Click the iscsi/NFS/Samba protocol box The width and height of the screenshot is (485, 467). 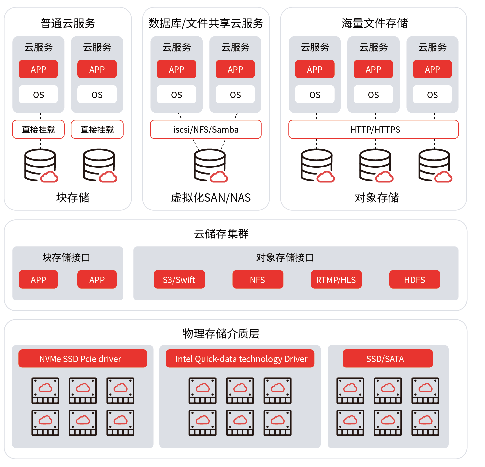coord(206,129)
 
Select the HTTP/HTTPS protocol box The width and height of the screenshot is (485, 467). coord(373,129)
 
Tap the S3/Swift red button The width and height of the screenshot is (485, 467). coord(179,279)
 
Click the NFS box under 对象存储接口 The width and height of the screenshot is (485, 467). coord(257,279)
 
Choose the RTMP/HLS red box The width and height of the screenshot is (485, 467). coord(336,279)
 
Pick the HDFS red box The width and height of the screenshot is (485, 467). coord(415,279)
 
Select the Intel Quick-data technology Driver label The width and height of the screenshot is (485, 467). coord(240,358)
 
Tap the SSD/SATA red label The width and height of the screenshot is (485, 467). coord(387,358)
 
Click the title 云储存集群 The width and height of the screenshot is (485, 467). coord(221,233)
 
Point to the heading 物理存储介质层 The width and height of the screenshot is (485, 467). coord(221,333)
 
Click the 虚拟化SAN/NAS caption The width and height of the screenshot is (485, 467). coord(211,198)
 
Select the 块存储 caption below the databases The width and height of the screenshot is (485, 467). coord(73,198)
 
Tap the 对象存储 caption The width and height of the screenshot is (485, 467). coord(377,198)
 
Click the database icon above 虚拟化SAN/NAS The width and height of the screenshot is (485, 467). coord(211,165)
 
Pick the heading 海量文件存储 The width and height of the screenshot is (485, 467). coord(374,23)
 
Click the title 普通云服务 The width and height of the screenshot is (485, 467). coord(68,23)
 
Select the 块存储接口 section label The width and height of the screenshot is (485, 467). coord(66,257)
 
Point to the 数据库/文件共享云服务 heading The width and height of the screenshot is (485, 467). coord(206,23)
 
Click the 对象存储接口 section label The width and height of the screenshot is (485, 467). coord(285,257)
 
